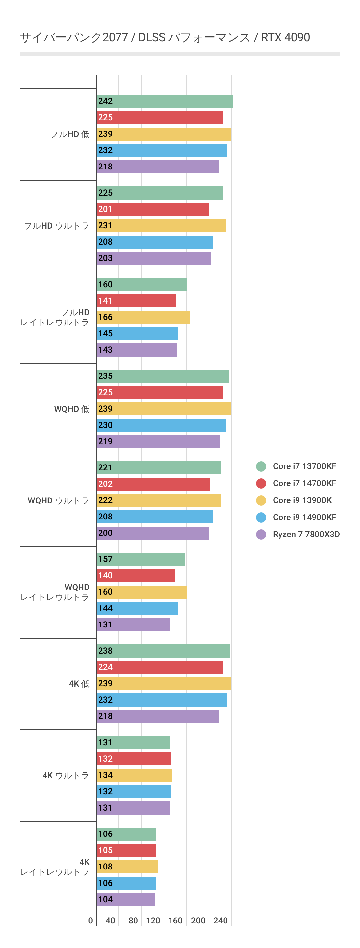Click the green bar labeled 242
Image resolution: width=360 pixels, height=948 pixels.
165,101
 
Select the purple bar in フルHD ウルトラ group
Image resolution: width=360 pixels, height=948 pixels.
153,258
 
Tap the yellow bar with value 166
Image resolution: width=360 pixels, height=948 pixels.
143,317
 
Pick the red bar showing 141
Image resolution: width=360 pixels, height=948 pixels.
136,301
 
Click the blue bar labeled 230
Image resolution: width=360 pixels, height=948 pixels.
161,425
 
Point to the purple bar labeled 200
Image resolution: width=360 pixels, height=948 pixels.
153,533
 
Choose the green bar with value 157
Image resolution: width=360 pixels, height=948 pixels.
141,559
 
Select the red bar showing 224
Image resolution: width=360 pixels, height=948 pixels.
159,667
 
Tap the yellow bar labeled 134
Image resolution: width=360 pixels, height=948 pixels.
135,775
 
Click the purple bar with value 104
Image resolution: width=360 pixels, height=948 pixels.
126,900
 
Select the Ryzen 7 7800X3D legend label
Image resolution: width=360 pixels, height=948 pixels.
306,535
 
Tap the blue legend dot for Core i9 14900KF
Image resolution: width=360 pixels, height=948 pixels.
261,518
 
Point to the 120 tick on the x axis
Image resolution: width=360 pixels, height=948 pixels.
153,921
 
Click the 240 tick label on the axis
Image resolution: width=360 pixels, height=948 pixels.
220,921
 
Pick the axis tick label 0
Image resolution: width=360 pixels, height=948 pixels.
91,921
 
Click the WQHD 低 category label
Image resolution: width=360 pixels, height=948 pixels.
72,409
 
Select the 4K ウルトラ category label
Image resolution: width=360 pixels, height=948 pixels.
66,775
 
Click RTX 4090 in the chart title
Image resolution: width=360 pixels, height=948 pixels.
285,38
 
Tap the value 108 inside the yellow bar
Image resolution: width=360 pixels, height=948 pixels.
105,867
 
